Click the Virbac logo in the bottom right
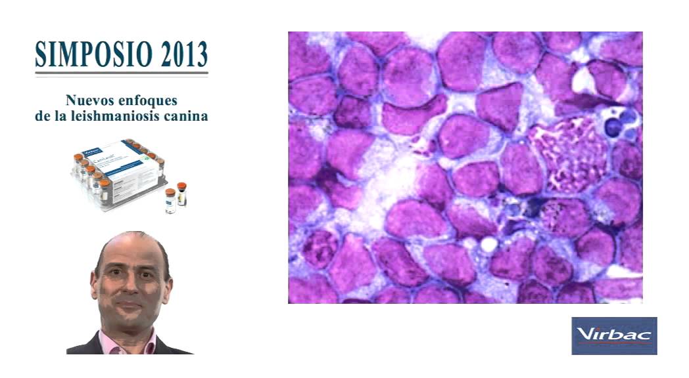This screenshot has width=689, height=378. tap(613, 335)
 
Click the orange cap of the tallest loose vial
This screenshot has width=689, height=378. tap(182, 186)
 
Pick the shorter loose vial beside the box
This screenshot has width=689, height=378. tap(170, 201)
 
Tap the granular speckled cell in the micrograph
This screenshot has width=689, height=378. tap(565, 155)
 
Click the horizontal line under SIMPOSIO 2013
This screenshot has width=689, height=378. tap(122, 73)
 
